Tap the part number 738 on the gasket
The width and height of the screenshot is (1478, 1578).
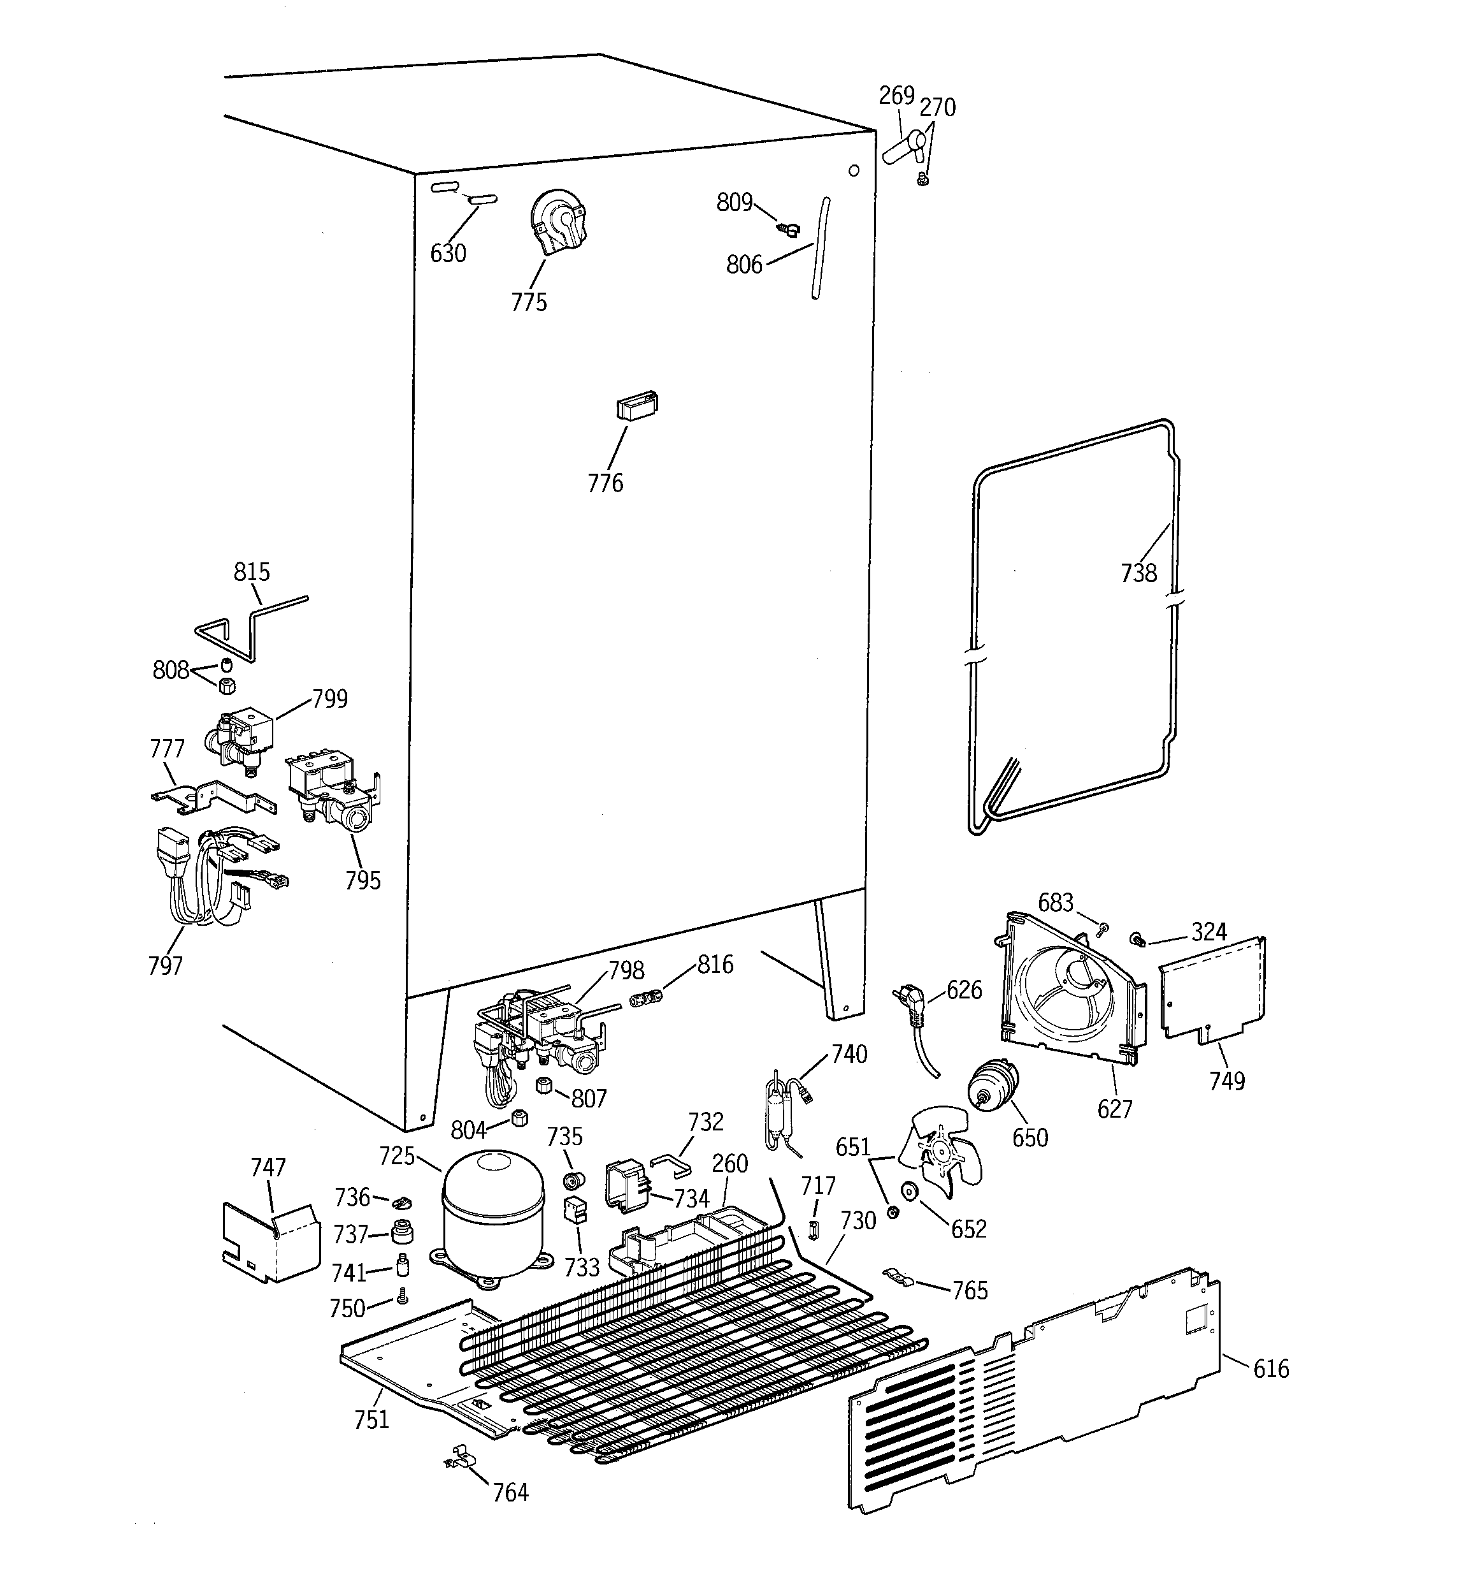coord(1138,573)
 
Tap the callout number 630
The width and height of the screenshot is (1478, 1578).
coord(448,253)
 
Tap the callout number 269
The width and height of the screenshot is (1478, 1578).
coord(896,96)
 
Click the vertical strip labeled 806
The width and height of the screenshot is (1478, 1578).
coord(819,247)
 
